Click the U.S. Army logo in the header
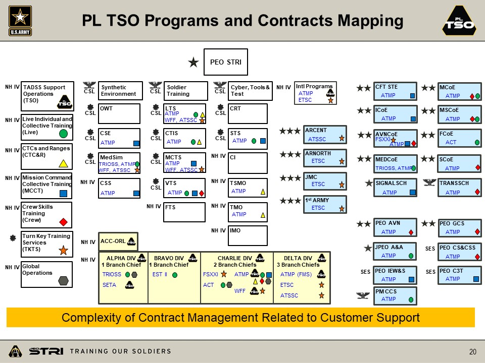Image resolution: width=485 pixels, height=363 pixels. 20,21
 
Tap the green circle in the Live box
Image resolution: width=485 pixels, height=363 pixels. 64,134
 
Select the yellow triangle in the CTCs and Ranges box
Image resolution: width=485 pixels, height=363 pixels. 64,163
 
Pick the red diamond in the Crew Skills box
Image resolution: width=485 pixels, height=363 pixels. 64,221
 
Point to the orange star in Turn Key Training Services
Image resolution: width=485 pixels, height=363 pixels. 64,250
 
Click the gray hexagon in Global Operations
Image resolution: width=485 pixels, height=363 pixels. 64,280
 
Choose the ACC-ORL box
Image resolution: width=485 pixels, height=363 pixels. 118,241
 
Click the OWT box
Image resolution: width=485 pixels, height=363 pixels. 119,113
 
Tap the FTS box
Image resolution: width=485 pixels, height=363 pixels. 185,212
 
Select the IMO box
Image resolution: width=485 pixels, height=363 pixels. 248,235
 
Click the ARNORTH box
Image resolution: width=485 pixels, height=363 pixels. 325,157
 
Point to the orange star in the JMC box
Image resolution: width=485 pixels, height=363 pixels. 342,185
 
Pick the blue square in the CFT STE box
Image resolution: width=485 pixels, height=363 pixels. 412,96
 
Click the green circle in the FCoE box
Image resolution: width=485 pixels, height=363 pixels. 477,143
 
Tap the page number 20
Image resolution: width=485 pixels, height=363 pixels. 473,352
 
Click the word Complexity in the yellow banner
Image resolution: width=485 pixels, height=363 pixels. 86,318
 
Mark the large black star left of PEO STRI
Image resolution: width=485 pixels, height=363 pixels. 193,63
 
